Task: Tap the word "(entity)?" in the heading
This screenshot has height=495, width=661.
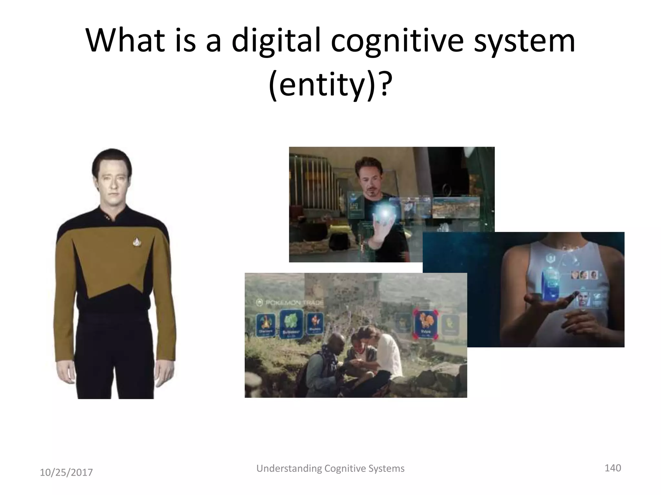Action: [x=330, y=85]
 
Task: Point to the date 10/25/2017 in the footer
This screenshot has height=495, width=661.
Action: [x=66, y=472]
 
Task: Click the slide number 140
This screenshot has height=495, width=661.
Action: [x=613, y=468]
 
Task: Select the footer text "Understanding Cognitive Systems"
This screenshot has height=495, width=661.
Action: [x=330, y=468]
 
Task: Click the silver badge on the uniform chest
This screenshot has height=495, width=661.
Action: [x=137, y=242]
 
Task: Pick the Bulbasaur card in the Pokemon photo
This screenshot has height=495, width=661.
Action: [x=291, y=323]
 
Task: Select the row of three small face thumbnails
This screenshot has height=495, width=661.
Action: [x=584, y=275]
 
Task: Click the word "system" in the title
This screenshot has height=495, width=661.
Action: [x=524, y=41]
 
